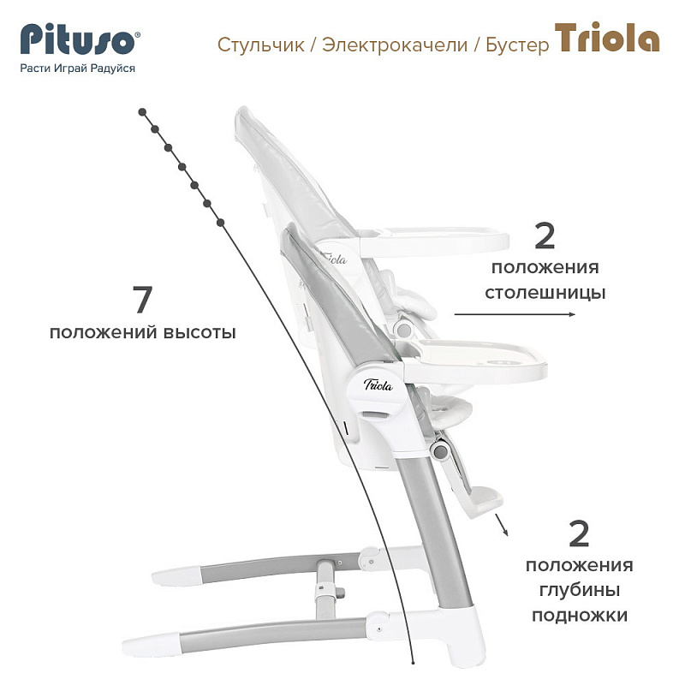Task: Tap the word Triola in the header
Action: click(607, 39)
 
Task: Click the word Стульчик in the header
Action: click(262, 45)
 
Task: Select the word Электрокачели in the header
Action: click(395, 45)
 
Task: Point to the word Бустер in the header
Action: click(516, 45)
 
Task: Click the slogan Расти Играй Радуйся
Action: click(77, 68)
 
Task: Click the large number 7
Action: click(142, 301)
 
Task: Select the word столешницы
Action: click(545, 293)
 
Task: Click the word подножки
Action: click(580, 615)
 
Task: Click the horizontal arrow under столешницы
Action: click(515, 315)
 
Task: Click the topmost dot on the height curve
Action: click(142, 111)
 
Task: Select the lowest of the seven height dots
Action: click(221, 223)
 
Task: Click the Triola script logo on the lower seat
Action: click(378, 384)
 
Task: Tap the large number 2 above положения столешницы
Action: click(545, 236)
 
